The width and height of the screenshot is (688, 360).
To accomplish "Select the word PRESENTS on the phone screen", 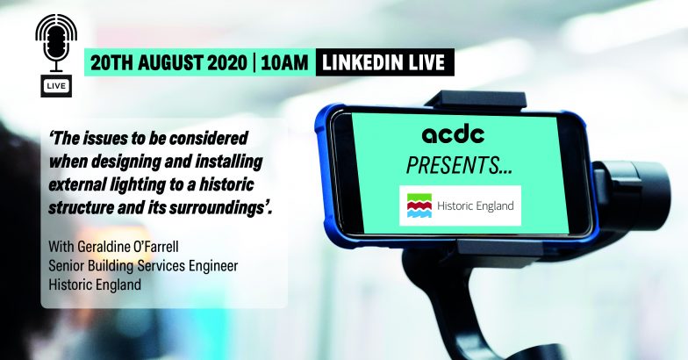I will click(453, 165).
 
